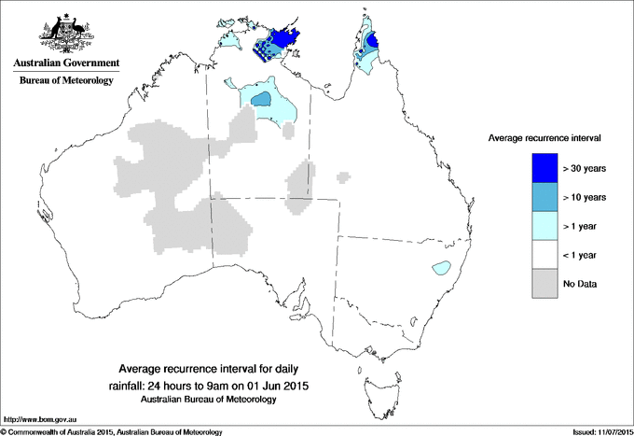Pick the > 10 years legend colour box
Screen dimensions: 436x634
(x=544, y=197)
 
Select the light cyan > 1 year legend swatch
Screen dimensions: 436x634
(x=544, y=226)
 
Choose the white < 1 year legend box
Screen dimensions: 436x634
(x=544, y=255)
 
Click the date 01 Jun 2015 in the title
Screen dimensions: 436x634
(x=278, y=385)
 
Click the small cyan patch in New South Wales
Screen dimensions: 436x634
(x=439, y=270)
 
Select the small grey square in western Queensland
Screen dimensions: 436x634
(x=344, y=175)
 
